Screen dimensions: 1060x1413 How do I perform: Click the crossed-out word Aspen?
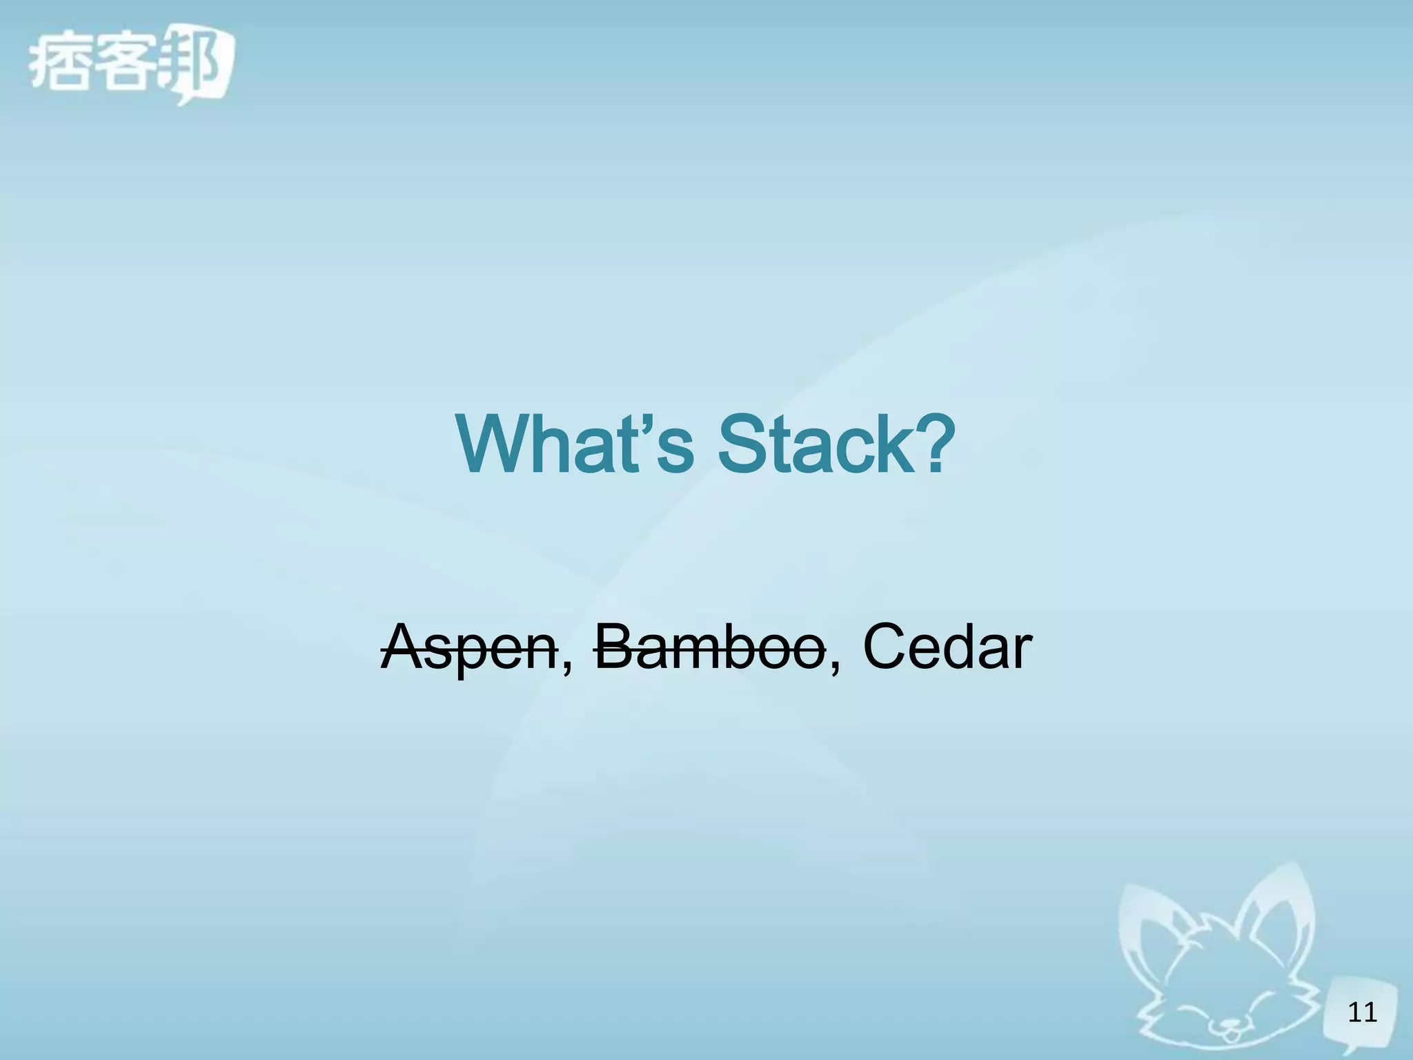(469, 649)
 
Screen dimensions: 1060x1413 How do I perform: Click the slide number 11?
(1363, 1012)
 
